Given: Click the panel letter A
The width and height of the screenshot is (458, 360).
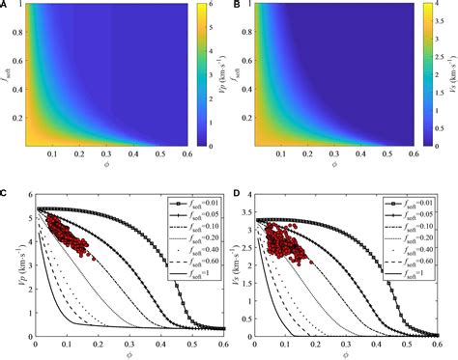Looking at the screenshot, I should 6,5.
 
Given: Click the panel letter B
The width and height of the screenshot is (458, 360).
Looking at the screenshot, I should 236,5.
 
